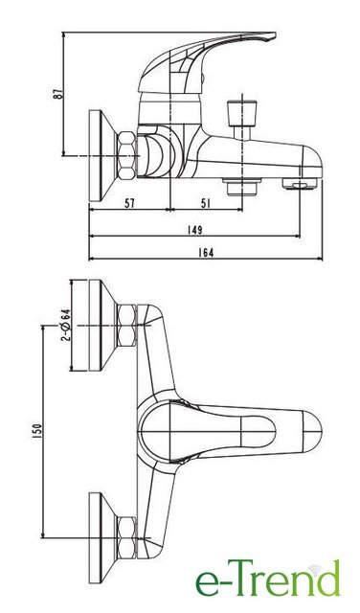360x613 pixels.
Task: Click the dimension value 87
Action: pyautogui.click(x=57, y=94)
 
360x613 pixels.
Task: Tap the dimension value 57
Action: pyautogui.click(x=129, y=203)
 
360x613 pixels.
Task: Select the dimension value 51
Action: pyautogui.click(x=205, y=203)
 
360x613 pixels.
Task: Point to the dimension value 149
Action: pyautogui.click(x=194, y=230)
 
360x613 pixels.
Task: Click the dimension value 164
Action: pyautogui.click(x=206, y=253)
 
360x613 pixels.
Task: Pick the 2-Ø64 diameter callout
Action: pyautogui.click(x=66, y=325)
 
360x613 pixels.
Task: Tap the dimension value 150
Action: pyautogui.click(x=36, y=431)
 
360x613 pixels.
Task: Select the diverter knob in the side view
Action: pyautogui.click(x=242, y=108)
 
